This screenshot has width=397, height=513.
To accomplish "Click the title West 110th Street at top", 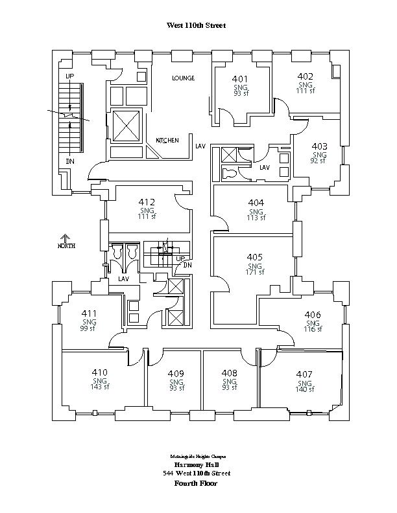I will tap(197, 25).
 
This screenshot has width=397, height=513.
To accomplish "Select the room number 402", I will tap(306, 76).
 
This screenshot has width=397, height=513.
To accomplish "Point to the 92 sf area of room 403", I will tap(319, 161).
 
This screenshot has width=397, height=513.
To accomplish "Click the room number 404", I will tap(256, 203).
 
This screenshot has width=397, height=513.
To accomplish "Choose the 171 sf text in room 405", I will tap(255, 272).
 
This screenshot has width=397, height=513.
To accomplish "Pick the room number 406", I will tap(313, 315).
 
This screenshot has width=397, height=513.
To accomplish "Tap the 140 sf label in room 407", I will tap(305, 389).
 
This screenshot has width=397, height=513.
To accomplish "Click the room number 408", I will tap(229, 374).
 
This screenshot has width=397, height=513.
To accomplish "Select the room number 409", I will tap(176, 374).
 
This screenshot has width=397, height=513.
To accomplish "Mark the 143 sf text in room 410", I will tap(99, 387).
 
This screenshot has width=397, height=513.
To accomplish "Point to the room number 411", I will tap(90, 314).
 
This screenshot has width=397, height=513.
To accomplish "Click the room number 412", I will tap(147, 203).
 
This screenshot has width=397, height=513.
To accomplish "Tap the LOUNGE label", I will tap(184, 78).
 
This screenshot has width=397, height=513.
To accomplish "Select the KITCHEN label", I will tap(167, 140).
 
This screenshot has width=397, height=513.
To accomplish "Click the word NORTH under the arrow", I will tap(66, 246).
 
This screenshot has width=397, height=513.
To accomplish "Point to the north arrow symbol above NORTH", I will tap(66, 238).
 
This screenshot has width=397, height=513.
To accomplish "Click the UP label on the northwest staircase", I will tap(70, 76).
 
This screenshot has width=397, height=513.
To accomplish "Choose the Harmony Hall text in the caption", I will tap(197, 465).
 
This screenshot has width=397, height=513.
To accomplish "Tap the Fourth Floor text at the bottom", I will tap(197, 483).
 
